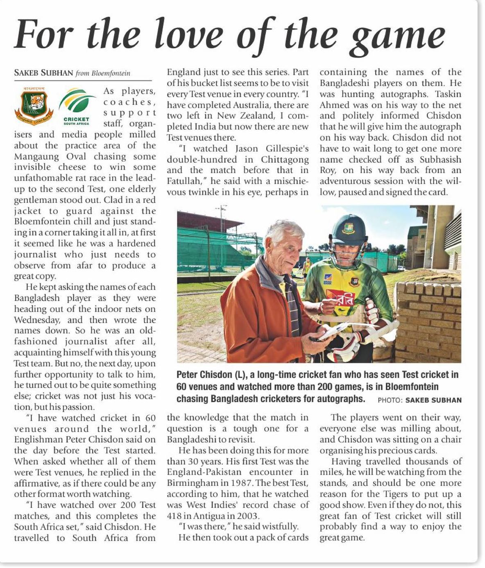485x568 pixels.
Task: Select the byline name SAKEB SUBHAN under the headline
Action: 43,73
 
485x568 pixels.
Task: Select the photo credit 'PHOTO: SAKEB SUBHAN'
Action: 419,400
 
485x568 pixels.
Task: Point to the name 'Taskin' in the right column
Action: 448,94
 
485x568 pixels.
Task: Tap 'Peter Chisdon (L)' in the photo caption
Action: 209,375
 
